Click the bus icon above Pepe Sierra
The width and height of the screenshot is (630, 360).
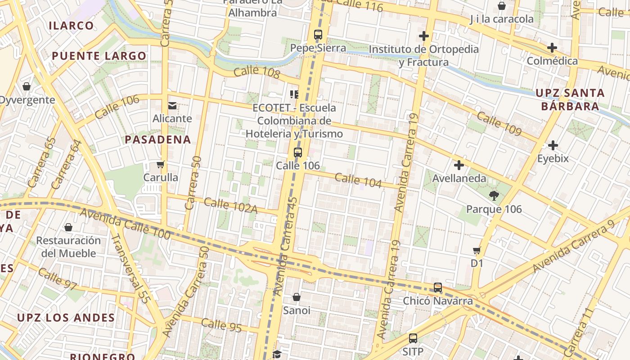point(318,34)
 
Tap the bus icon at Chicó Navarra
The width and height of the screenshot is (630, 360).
point(437,288)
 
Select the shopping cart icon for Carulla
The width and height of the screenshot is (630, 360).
point(161,165)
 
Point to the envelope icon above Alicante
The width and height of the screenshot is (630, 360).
point(172,106)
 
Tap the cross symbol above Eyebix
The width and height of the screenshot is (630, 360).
point(553,145)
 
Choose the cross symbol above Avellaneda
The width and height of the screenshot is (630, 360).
point(459,165)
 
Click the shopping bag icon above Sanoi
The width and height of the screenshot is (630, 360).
point(296,297)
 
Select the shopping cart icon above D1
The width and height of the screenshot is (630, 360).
point(477,250)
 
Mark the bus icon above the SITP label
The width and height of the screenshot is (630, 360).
point(413,338)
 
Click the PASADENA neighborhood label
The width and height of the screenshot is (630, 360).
point(158,139)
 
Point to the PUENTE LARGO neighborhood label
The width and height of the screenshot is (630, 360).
point(99,56)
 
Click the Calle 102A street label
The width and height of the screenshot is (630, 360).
point(230,205)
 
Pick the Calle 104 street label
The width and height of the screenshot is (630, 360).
point(358,180)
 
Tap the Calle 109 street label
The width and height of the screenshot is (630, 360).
point(499,124)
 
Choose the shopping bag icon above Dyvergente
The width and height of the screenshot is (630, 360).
point(27,86)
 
